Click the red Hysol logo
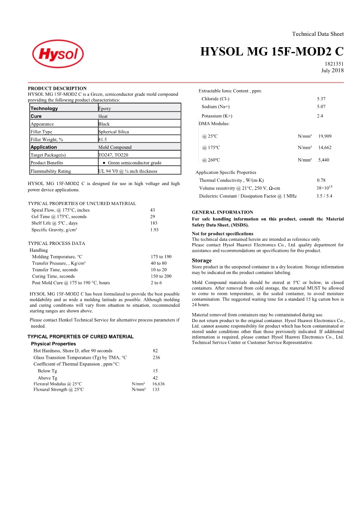pyautogui.click(x=58, y=55)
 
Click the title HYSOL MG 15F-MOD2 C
pyautogui.click(x=272, y=52)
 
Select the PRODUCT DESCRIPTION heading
pyautogui.click(x=57, y=88)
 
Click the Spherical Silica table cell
pyautogui.click(x=113, y=132)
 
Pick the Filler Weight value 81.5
pyautogui.click(x=103, y=139)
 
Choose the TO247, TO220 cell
pyautogui.click(x=113, y=155)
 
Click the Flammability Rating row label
pyautogui.click(x=50, y=171)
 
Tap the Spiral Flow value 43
pyautogui.click(x=153, y=210)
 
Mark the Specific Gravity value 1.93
pyautogui.click(x=154, y=230)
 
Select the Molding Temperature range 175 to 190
pyautogui.click(x=161, y=257)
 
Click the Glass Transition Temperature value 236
pyautogui.click(x=156, y=357)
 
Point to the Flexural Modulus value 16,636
pyautogui.click(x=158, y=383)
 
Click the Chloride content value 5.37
pyautogui.click(x=321, y=98)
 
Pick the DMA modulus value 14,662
pyautogui.click(x=325, y=147)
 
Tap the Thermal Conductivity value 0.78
pyautogui.click(x=321, y=180)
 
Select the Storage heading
pyautogui.click(x=202, y=260)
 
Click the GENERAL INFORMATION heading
pyautogui.click(x=222, y=212)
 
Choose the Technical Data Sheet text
pyautogui.click(x=318, y=34)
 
